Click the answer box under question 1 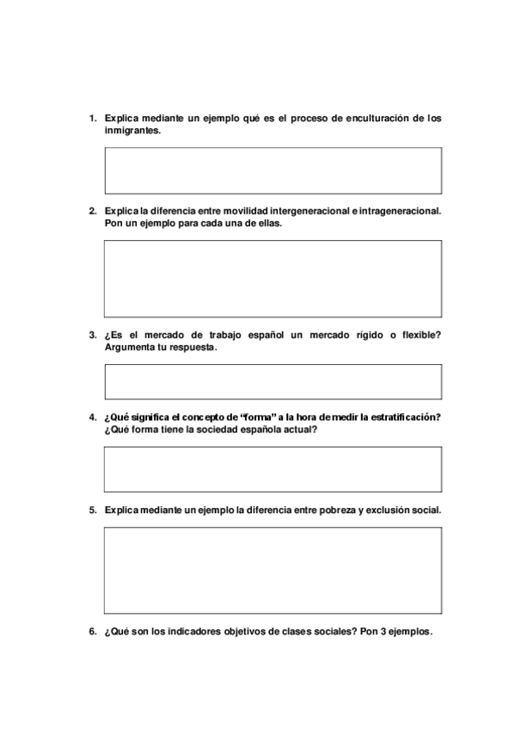point(273,170)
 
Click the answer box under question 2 point(273,279)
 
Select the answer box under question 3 point(273,381)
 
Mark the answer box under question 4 point(273,469)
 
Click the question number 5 point(92,510)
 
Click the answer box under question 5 point(273,570)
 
